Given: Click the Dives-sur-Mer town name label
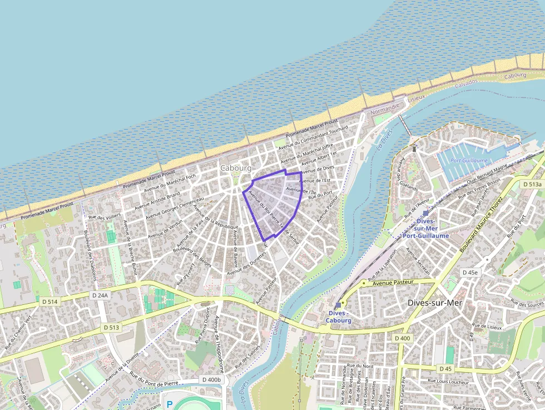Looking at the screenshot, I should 435,303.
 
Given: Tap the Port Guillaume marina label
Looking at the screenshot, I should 469,160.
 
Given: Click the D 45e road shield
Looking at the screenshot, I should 470,272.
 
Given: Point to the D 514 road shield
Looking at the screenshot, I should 49,302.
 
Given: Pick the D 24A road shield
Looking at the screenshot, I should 100,295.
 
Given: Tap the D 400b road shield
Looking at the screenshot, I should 211,380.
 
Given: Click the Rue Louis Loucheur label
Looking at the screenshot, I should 448,382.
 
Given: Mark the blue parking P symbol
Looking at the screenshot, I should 169,404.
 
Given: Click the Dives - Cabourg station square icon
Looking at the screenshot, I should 338,305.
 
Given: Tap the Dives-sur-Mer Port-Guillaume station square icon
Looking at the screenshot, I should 425,213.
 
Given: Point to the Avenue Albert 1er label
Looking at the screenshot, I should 319,159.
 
